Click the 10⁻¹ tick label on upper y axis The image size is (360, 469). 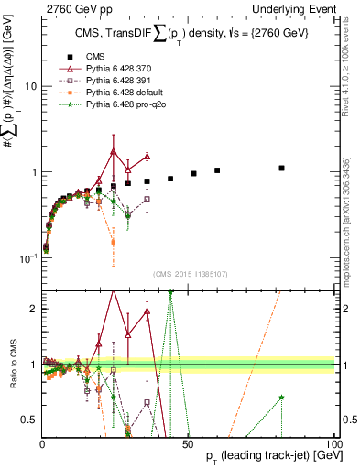click(27, 259)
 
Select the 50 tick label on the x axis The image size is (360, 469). click(188, 444)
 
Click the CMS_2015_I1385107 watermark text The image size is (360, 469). click(188, 276)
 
